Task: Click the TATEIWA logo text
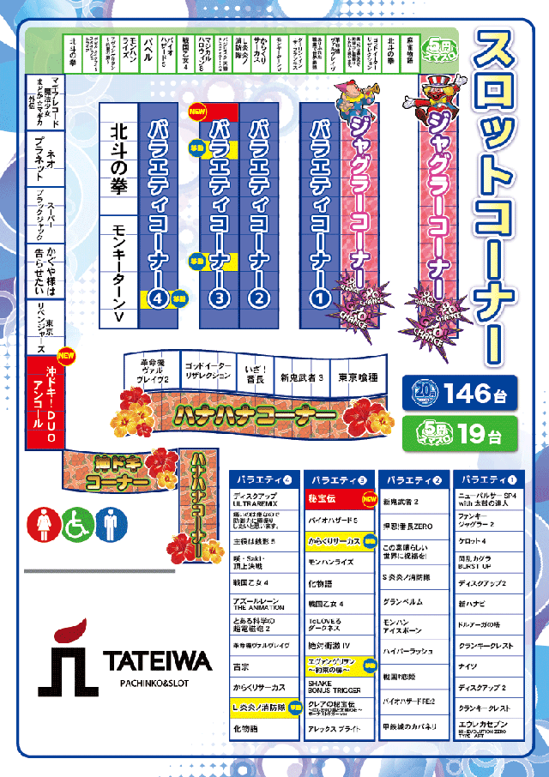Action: (157, 660)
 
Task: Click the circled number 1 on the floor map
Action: (319, 298)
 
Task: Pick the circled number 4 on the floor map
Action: (157, 298)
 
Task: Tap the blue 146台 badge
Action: (458, 394)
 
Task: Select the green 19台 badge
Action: (458, 434)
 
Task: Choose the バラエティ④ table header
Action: (265, 480)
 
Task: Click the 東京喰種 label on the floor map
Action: (359, 376)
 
